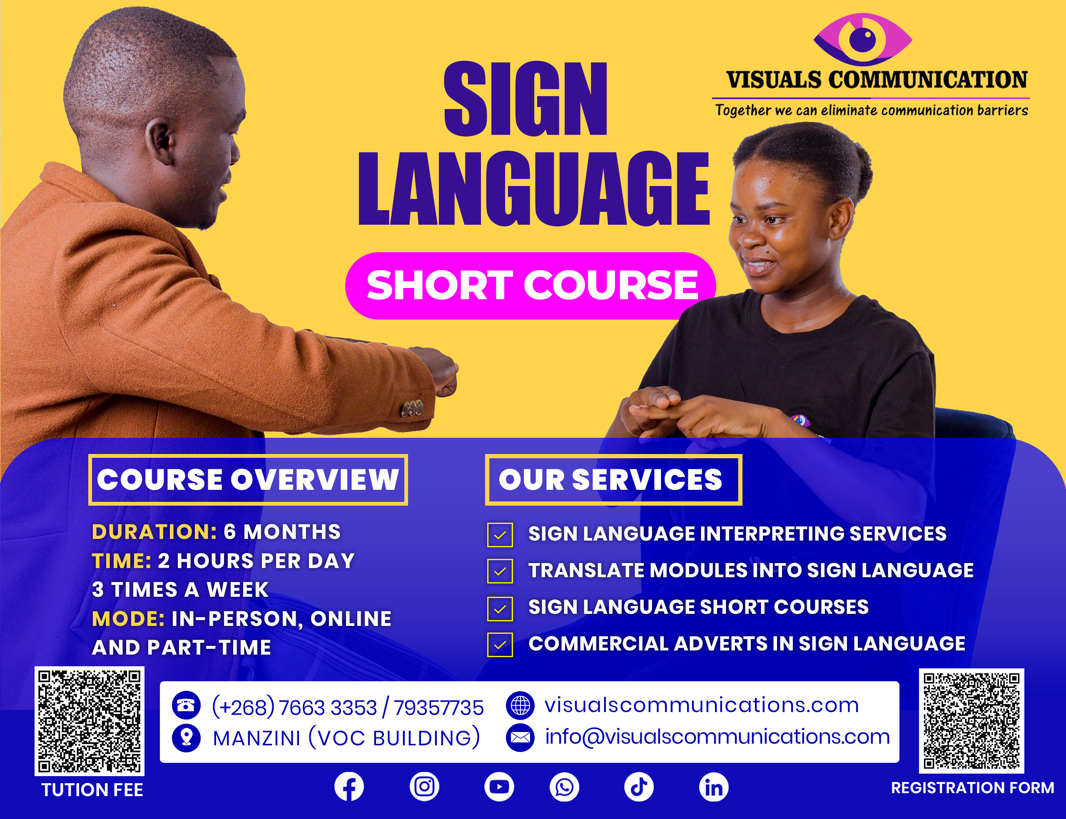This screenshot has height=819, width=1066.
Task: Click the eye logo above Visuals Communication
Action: click(x=863, y=39)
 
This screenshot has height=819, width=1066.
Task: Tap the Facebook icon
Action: click(x=349, y=787)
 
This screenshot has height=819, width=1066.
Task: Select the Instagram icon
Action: click(x=424, y=787)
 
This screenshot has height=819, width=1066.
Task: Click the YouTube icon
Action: click(x=499, y=787)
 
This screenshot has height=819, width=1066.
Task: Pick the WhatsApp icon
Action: click(x=564, y=787)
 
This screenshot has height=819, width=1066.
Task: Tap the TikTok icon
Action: click(x=639, y=787)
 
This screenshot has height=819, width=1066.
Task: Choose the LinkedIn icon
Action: click(x=714, y=787)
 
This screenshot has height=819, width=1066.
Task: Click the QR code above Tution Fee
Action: click(x=89, y=722)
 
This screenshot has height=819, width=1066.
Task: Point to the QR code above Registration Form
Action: click(x=971, y=721)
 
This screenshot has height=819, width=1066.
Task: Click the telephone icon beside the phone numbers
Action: click(x=186, y=705)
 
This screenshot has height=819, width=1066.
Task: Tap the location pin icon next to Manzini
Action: click(x=186, y=737)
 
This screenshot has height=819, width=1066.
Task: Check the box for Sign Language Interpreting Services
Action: click(x=500, y=535)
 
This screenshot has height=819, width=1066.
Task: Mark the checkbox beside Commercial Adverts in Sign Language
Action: click(x=500, y=645)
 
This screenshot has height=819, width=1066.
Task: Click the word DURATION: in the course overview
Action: click(x=154, y=532)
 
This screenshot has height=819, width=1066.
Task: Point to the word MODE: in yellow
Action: click(x=128, y=619)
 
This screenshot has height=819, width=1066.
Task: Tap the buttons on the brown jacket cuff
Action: click(x=412, y=408)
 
